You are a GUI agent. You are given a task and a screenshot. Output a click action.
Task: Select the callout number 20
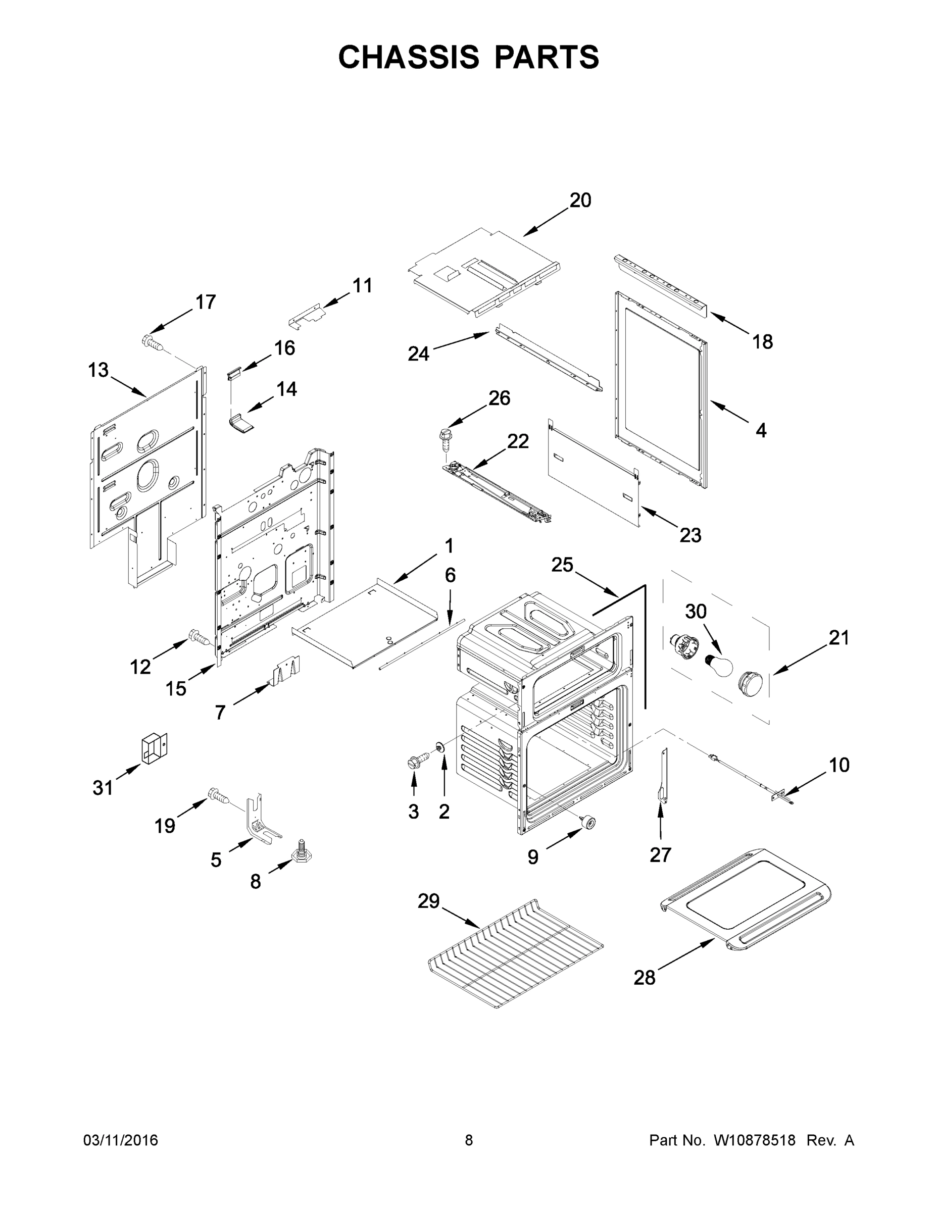pyautogui.click(x=580, y=200)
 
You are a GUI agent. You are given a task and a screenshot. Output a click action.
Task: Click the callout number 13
pyautogui.click(x=98, y=370)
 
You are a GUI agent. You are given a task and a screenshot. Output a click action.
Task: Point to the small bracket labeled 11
pyautogui.click(x=307, y=316)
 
